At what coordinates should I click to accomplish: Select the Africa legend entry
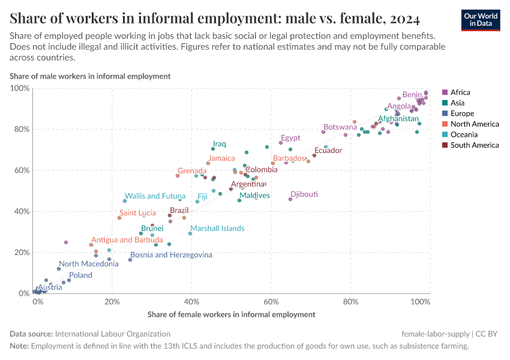[x=460, y=92]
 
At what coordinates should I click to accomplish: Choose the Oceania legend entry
[x=463, y=134]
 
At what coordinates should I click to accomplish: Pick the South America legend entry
[x=474, y=145]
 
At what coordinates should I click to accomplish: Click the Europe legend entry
[x=462, y=113]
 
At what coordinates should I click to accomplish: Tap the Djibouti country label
[x=304, y=194]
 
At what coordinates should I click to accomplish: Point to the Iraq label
[x=220, y=144]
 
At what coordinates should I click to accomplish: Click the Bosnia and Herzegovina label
[x=171, y=255]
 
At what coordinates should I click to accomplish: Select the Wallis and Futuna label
[x=155, y=196]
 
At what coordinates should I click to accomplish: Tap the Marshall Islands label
[x=217, y=229]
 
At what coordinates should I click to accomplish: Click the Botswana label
[x=340, y=127]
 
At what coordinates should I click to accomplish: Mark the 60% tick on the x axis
[x=271, y=301]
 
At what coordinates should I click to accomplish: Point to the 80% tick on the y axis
[x=20, y=129]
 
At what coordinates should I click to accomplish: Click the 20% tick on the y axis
[x=20, y=253]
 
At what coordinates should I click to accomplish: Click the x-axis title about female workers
[x=231, y=314]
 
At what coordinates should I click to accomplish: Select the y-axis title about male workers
[x=90, y=76]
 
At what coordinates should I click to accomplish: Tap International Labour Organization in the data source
[x=113, y=334]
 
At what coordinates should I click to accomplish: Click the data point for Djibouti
[x=290, y=199]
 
